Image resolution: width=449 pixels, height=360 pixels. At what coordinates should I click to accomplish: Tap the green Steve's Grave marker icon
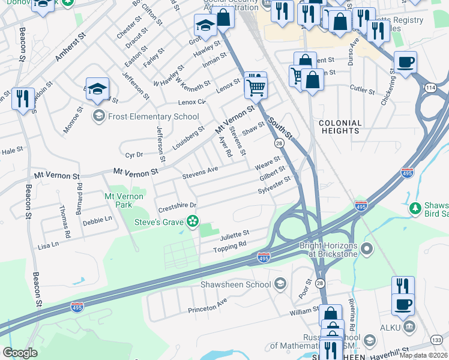click(193, 222)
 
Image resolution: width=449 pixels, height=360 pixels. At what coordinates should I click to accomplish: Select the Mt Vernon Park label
click(124, 200)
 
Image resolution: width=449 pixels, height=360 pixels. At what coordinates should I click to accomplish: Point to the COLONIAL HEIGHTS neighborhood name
click(340, 127)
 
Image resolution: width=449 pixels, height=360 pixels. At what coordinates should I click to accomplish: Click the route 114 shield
click(431, 88)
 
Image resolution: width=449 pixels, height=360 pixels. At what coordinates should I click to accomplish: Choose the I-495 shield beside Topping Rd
click(264, 257)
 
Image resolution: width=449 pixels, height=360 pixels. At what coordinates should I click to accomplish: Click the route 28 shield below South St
click(279, 143)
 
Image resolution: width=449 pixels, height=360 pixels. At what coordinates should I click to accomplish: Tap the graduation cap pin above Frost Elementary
click(98, 89)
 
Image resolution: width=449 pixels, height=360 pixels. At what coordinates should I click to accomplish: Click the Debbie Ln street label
click(97, 220)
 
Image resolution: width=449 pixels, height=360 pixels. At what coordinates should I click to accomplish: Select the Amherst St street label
click(71, 47)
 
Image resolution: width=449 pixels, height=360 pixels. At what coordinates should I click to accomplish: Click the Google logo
click(20, 352)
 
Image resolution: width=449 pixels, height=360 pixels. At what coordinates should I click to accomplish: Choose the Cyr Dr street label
click(134, 154)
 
